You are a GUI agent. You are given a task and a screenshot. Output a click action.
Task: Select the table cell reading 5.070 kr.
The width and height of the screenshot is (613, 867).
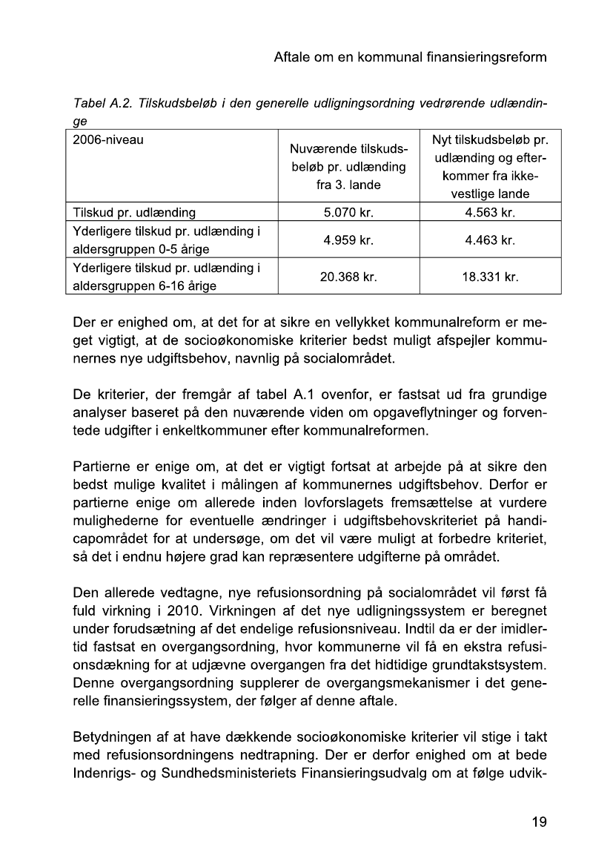[x=348, y=213]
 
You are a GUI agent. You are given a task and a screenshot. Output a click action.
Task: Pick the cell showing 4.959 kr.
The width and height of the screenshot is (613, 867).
[x=348, y=240]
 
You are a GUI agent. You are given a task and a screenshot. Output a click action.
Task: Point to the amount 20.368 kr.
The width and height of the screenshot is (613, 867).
[x=348, y=277]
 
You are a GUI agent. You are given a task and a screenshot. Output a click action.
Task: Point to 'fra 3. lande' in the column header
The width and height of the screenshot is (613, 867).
[x=348, y=181]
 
